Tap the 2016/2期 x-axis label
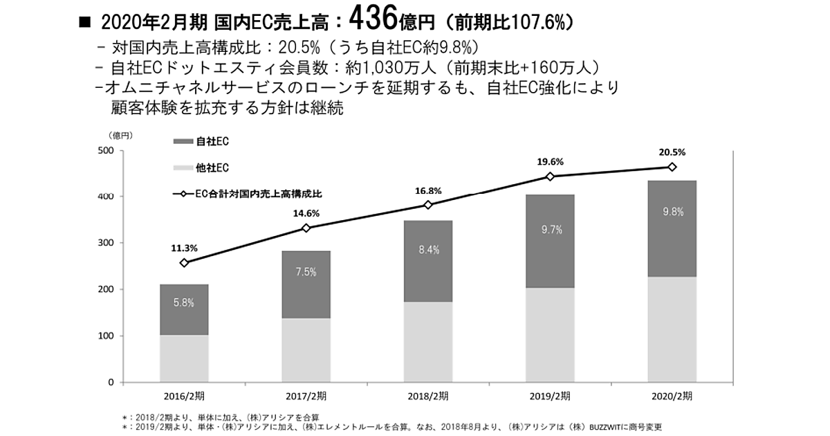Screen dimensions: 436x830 click(184, 397)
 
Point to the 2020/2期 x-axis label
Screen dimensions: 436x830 click(672, 397)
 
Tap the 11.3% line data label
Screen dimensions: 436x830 click(185, 247)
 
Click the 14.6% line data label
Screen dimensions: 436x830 click(306, 214)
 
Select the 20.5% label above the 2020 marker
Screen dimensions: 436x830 click(672, 152)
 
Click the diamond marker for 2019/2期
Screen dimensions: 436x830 click(550, 176)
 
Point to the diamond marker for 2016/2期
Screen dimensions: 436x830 click(184, 262)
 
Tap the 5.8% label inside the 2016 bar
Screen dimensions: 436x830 click(184, 302)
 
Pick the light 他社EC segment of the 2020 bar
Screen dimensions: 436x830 click(672, 329)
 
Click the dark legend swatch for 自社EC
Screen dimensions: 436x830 click(183, 141)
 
